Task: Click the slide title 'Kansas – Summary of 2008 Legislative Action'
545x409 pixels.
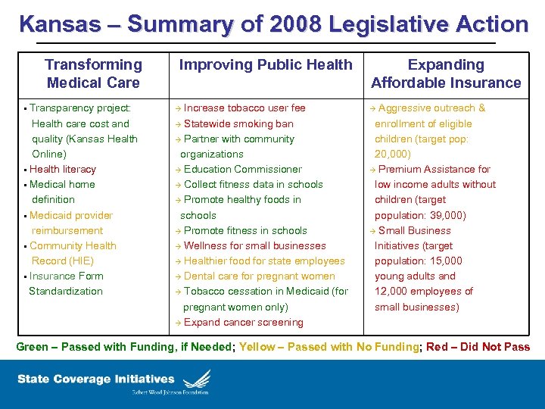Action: pyautogui.click(x=273, y=24)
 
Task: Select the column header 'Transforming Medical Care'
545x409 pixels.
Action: pyautogui.click(x=93, y=74)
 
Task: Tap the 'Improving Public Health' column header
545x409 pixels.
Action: pyautogui.click(x=265, y=65)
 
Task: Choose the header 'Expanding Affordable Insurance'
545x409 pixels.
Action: pyautogui.click(x=446, y=74)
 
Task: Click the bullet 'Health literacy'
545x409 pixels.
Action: pyautogui.click(x=63, y=170)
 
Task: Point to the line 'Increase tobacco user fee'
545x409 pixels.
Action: pyautogui.click(x=244, y=108)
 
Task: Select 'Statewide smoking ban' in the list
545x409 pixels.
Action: pyautogui.click(x=238, y=123)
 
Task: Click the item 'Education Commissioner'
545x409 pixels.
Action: pyautogui.click(x=242, y=170)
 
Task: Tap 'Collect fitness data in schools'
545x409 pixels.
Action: pyautogui.click(x=253, y=185)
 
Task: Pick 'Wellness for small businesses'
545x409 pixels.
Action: pyautogui.click(x=254, y=246)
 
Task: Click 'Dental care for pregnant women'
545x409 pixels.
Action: pyautogui.click(x=259, y=276)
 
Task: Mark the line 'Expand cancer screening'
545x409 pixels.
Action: pyautogui.click(x=243, y=323)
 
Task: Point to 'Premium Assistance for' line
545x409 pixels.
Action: pyautogui.click(x=434, y=170)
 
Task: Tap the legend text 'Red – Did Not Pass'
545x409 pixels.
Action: pyautogui.click(x=478, y=348)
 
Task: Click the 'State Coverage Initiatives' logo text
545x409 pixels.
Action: pyautogui.click(x=96, y=379)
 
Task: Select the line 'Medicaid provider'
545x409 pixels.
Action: pyautogui.click(x=71, y=216)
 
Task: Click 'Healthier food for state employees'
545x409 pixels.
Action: pyautogui.click(x=263, y=261)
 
